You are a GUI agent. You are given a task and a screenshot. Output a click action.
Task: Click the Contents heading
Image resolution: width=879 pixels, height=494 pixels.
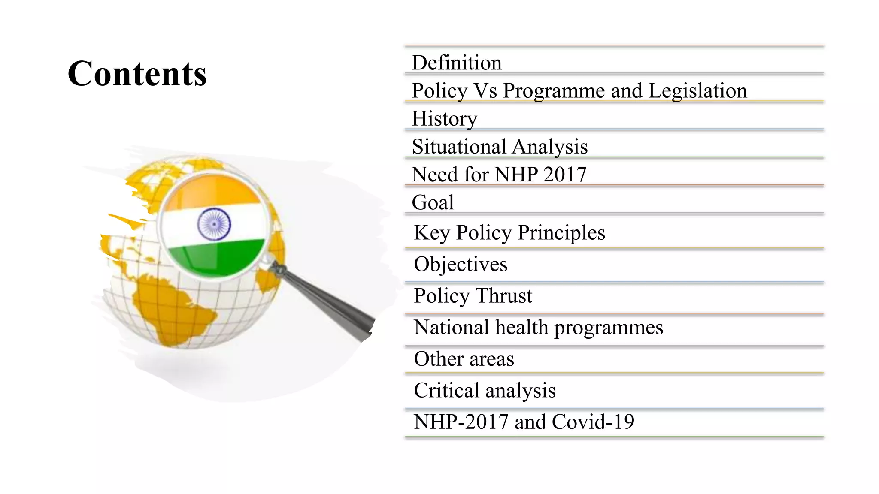click(x=137, y=73)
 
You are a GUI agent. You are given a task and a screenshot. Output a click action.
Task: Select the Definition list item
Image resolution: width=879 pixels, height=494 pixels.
click(x=456, y=63)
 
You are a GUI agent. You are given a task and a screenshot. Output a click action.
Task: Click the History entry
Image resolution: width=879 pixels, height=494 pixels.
click(x=444, y=119)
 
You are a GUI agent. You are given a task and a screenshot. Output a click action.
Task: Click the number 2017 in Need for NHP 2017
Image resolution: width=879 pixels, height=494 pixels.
click(x=564, y=175)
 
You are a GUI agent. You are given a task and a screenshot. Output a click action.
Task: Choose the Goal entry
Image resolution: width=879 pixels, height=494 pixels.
click(x=433, y=202)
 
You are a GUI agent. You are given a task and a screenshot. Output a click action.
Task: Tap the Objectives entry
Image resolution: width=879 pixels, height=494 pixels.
click(x=461, y=264)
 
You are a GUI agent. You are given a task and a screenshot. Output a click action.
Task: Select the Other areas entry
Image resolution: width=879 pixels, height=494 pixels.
click(x=464, y=359)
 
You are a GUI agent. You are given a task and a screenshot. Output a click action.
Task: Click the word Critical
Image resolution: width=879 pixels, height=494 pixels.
click(x=446, y=390)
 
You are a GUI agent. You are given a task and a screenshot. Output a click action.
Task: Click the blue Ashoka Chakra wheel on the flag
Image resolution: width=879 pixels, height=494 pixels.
click(x=214, y=224)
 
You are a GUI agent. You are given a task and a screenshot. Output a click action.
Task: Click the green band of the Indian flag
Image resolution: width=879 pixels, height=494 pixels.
click(x=215, y=257)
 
